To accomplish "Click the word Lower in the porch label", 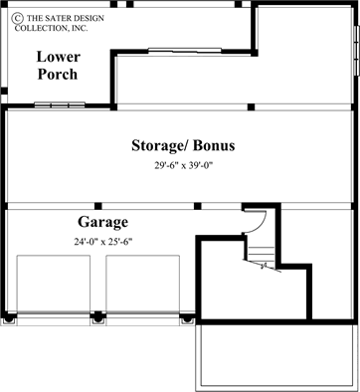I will (58, 56).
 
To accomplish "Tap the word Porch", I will (58, 74).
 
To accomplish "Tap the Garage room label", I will (102, 221).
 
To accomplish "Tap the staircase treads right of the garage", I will (260, 250).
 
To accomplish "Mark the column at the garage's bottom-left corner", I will (10, 320).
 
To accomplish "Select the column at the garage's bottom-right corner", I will (187, 320).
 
